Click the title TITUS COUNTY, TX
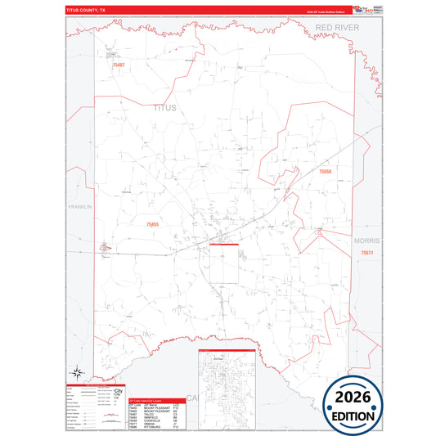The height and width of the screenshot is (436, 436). point(85,9)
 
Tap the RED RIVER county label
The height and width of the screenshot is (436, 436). point(338,28)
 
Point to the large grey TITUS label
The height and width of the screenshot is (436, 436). point(164,107)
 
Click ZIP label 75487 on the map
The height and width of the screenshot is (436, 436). point(119,65)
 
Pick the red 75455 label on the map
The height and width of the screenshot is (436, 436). point(153,223)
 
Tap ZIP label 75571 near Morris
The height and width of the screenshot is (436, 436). point(366,254)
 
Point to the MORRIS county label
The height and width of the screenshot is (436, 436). point(366,242)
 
